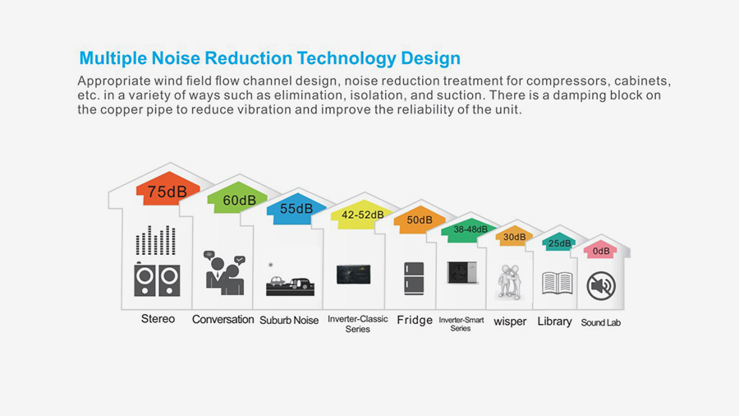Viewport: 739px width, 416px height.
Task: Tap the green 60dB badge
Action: pos(238,197)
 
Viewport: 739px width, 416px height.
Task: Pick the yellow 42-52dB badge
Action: pos(362,215)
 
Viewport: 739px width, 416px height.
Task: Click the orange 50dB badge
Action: pos(420,220)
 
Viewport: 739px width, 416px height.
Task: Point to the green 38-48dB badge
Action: pos(470,230)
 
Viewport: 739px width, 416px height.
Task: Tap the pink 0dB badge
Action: pos(600,251)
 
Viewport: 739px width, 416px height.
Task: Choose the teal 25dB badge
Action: pos(559,243)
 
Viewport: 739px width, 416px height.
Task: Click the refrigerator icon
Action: pos(414,278)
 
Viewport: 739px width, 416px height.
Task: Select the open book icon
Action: pos(557,283)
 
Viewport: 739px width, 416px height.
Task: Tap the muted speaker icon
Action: pos(601,285)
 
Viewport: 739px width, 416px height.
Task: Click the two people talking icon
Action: pos(224,273)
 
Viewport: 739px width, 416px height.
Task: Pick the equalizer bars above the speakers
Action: pos(155,240)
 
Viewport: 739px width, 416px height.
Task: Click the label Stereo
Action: pos(158,319)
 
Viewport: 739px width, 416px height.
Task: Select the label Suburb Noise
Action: pos(289,321)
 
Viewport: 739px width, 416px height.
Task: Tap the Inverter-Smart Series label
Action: pos(461,324)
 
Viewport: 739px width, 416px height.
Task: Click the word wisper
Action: pos(510,321)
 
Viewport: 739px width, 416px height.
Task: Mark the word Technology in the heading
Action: pos(347,58)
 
